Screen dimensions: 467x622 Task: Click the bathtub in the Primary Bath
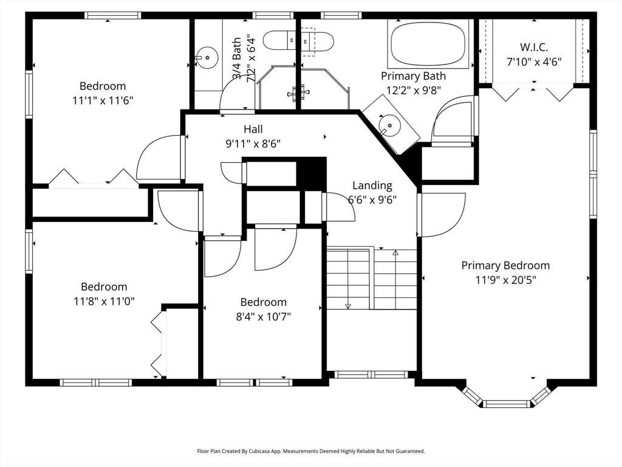(428, 43)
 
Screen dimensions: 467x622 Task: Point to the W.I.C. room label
(535, 47)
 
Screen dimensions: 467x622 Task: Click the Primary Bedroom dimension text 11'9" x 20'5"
(505, 280)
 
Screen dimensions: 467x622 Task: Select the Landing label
(372, 185)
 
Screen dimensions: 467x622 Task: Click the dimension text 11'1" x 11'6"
(103, 100)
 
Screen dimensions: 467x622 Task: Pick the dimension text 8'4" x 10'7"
(263, 316)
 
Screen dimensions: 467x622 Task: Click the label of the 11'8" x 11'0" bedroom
(104, 286)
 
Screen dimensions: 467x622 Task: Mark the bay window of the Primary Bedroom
(506, 400)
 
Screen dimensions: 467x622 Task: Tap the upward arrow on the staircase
(395, 252)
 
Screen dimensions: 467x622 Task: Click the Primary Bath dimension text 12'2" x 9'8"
(413, 90)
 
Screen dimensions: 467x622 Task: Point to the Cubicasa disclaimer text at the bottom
(310, 451)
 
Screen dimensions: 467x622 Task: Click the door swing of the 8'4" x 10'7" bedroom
(275, 247)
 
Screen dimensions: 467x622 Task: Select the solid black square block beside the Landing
(311, 173)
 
